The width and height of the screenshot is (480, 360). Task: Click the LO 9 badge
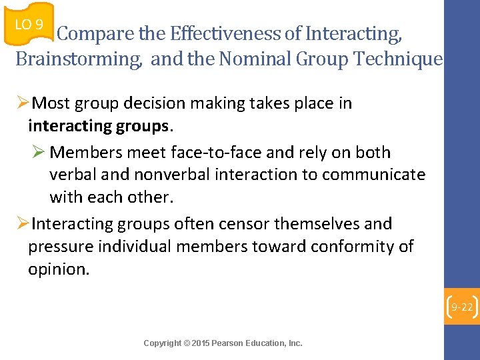click(28, 25)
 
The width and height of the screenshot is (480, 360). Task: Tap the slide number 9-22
click(461, 307)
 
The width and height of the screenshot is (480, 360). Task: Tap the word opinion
click(58, 269)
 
